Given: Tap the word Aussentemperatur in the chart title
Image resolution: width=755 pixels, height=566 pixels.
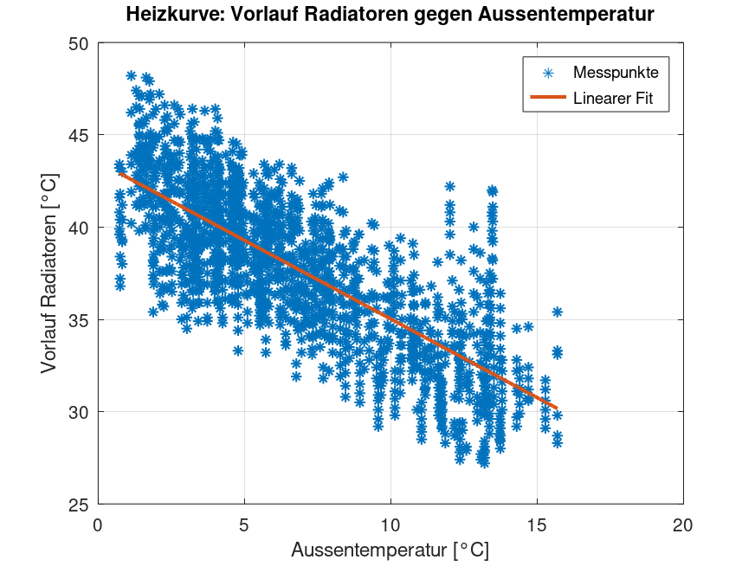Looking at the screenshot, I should pyautogui.click(x=567, y=15).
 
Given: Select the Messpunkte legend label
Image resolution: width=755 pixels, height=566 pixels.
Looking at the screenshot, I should pyautogui.click(x=616, y=74).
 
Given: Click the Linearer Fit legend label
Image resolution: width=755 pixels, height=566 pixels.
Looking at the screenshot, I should pyautogui.click(x=620, y=100).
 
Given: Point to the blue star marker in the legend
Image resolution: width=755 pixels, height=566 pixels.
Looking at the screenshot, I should pyautogui.click(x=547, y=74).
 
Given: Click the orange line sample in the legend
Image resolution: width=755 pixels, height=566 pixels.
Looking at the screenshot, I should pyautogui.click(x=547, y=100).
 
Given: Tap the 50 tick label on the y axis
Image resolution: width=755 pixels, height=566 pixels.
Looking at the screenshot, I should pyautogui.click(x=79, y=42).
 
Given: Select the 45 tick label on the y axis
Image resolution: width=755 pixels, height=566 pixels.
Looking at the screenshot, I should pyautogui.click(x=79, y=135).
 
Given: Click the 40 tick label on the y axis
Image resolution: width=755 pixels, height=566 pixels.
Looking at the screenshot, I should pyautogui.click(x=79, y=228).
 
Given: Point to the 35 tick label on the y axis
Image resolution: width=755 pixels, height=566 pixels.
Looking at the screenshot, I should pyautogui.click(x=79, y=319).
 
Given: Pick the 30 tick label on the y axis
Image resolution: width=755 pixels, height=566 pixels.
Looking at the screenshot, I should pyautogui.click(x=79, y=412).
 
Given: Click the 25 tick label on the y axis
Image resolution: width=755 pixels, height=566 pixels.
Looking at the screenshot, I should pyautogui.click(x=79, y=505).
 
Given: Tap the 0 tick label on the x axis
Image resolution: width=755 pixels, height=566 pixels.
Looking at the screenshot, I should pyautogui.click(x=98, y=524).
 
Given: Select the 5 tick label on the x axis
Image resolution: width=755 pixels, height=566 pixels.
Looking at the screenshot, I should pyautogui.click(x=244, y=524).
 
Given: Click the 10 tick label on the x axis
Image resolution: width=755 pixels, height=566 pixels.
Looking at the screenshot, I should pyautogui.click(x=390, y=524).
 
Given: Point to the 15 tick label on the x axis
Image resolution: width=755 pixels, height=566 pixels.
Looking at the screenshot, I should pyautogui.click(x=537, y=524).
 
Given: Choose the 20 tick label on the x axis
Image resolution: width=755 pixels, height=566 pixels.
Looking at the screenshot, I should pyautogui.click(x=683, y=524).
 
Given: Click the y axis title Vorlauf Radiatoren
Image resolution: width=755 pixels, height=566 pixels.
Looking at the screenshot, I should pyautogui.click(x=49, y=273).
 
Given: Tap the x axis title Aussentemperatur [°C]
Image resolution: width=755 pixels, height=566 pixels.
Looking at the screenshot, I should pyautogui.click(x=390, y=550).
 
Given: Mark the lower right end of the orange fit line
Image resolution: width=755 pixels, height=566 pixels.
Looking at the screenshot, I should pyautogui.click(x=557, y=407).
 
